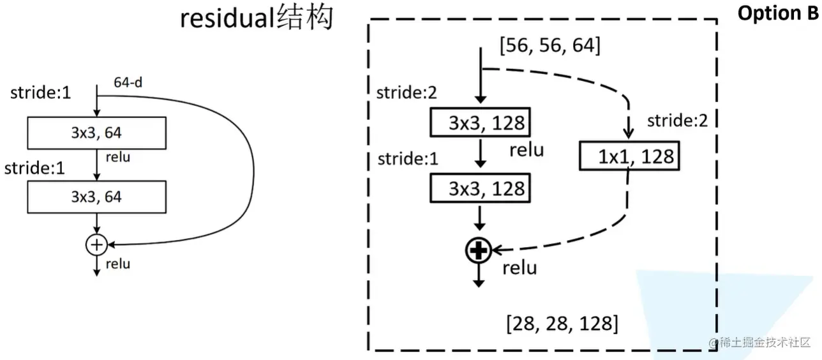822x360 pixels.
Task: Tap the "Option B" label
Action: [x=777, y=13]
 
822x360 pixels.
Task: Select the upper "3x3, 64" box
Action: [x=96, y=133]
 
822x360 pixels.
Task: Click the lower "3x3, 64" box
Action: [x=96, y=197]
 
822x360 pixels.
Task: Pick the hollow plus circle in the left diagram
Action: [x=96, y=244]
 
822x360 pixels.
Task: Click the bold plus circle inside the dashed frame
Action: [x=477, y=251]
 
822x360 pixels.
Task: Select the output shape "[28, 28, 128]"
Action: [x=562, y=323]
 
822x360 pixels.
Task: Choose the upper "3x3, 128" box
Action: [x=481, y=123]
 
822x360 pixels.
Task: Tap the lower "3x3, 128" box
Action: [x=481, y=188]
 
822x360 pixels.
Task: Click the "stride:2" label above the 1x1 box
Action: [x=677, y=121]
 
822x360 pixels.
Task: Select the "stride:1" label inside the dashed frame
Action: [x=408, y=158]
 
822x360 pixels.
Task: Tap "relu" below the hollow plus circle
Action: [x=118, y=264]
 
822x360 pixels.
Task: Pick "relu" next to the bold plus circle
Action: [x=520, y=267]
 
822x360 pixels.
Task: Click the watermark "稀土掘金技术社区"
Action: [x=763, y=341]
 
